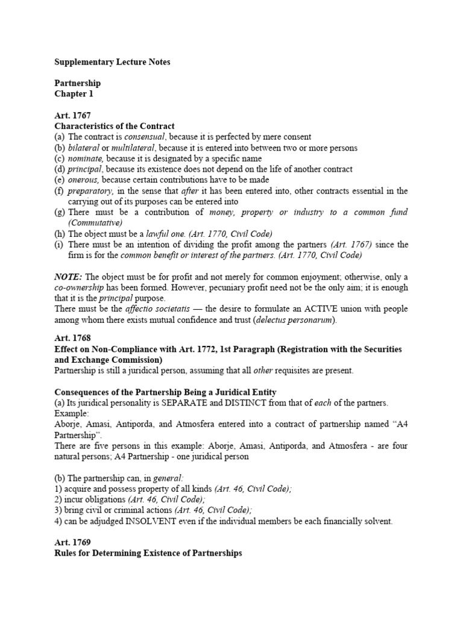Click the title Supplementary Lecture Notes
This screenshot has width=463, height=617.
tap(112, 62)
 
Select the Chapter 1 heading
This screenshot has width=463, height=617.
tap(74, 94)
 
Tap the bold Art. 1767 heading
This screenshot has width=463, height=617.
tap(74, 116)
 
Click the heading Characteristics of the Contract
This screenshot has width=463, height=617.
tap(115, 127)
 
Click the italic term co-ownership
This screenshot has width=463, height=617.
tap(81, 287)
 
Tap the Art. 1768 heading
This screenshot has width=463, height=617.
tap(74, 339)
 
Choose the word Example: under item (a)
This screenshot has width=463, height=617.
tap(71, 413)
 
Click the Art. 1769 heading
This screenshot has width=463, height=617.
tap(74, 542)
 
